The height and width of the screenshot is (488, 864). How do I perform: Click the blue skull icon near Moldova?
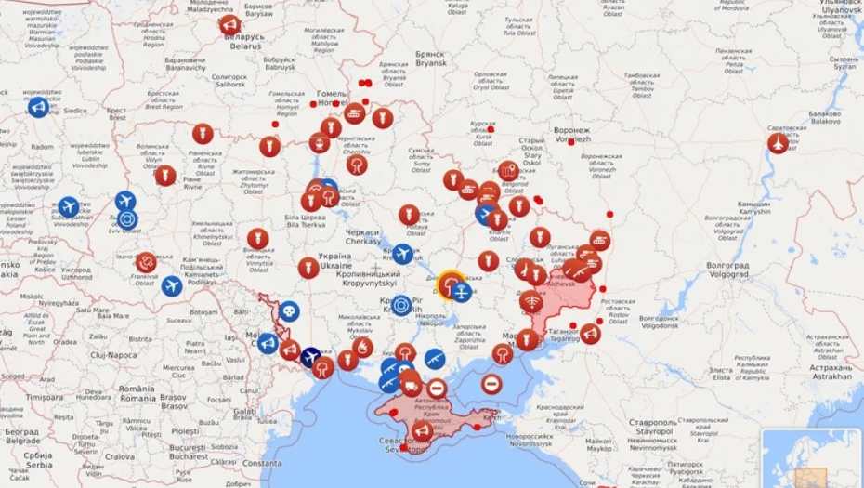(289, 311)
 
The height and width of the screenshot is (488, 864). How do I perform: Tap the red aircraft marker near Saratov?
(778, 143)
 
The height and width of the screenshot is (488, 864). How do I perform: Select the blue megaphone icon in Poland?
(38, 108)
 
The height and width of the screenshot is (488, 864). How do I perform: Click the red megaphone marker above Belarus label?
(230, 25)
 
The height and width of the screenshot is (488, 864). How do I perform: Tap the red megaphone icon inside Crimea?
(422, 430)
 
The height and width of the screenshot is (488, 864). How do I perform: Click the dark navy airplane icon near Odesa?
(311, 357)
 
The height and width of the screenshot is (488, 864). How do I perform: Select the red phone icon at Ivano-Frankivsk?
(146, 262)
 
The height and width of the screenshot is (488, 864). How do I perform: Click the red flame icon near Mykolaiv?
(362, 348)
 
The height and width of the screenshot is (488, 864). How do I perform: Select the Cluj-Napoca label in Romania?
(113, 354)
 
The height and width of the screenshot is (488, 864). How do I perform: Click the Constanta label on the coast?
(257, 463)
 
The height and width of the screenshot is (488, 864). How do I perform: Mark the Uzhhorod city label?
(76, 276)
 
